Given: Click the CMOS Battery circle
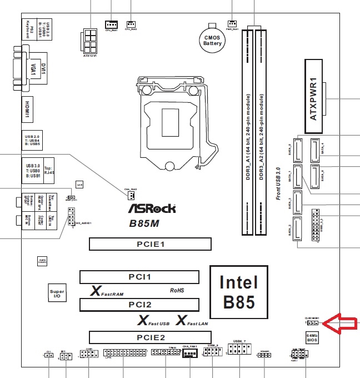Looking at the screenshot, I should coord(212,38).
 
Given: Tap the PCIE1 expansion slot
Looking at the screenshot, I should coord(151,244).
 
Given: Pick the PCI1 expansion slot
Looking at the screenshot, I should coord(139,276).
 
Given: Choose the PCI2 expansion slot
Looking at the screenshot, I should coord(139,305).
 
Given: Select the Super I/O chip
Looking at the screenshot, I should coord(57,294).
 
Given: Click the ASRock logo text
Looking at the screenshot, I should coord(152,208).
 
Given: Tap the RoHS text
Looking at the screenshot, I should coord(177,290).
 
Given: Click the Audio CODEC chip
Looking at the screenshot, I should coord(42,260).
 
